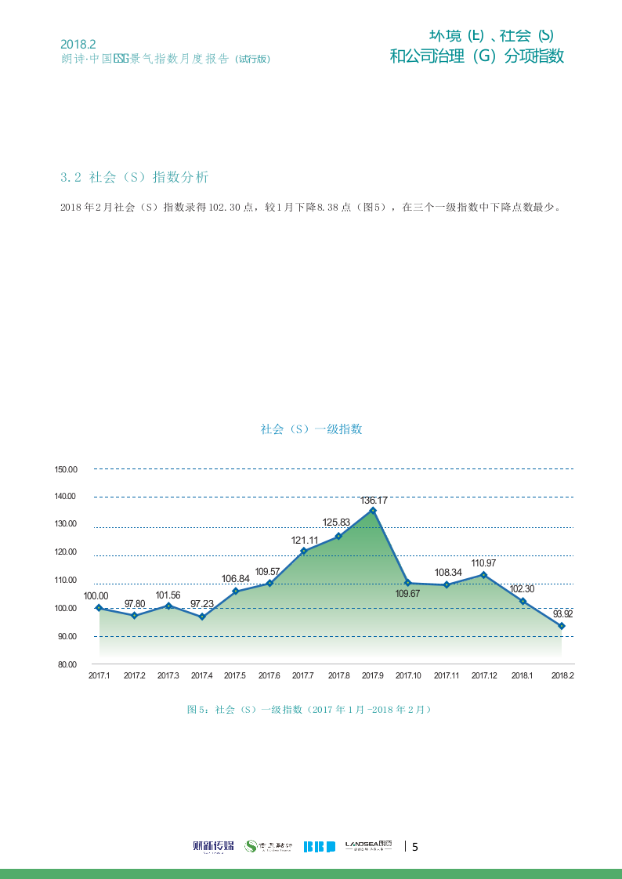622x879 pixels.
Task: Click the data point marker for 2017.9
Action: click(373, 511)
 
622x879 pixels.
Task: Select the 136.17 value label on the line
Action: click(374, 500)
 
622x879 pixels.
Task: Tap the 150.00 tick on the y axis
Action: click(66, 470)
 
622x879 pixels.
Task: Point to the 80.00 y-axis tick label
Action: click(66, 664)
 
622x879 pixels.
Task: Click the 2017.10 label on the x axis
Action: click(408, 676)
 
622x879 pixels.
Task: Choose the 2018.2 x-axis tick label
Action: click(562, 676)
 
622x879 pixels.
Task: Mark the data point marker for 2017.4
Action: click(202, 617)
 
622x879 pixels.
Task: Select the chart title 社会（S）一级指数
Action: click(311, 429)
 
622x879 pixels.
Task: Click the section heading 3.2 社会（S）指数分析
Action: click(135, 177)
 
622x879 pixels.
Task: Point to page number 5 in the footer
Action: click(415, 846)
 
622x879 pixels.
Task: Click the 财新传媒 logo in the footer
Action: click(213, 846)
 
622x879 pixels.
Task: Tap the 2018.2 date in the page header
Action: click(78, 45)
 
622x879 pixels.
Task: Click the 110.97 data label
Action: click(483, 563)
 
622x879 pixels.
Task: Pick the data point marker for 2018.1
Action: click(523, 602)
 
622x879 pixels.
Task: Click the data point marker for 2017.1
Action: click(99, 608)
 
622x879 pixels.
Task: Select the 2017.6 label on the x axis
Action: click(269, 676)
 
